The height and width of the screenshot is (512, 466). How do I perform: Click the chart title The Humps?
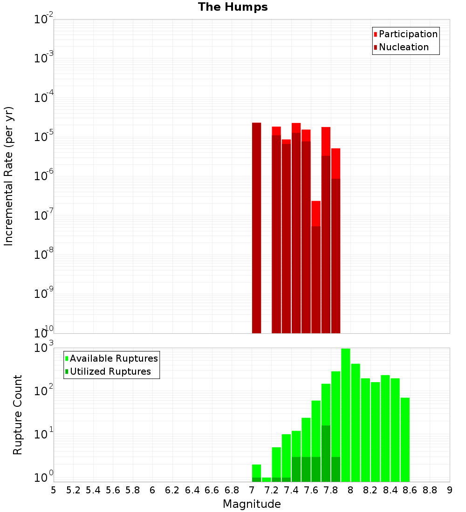point(233,7)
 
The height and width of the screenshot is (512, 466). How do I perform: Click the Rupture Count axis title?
point(18,415)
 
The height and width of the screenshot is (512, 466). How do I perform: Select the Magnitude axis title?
point(252,504)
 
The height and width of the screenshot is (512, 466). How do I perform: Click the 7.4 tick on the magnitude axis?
point(291,490)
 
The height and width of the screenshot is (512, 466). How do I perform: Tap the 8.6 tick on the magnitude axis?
point(410,490)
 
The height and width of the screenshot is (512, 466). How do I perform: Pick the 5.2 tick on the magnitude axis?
point(73,490)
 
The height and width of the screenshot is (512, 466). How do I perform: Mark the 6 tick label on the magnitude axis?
point(152,490)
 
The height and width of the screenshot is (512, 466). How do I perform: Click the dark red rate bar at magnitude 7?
point(256,228)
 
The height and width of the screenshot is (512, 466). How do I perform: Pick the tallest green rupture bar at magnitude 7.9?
point(345,414)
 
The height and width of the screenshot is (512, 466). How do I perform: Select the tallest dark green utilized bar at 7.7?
point(326,451)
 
